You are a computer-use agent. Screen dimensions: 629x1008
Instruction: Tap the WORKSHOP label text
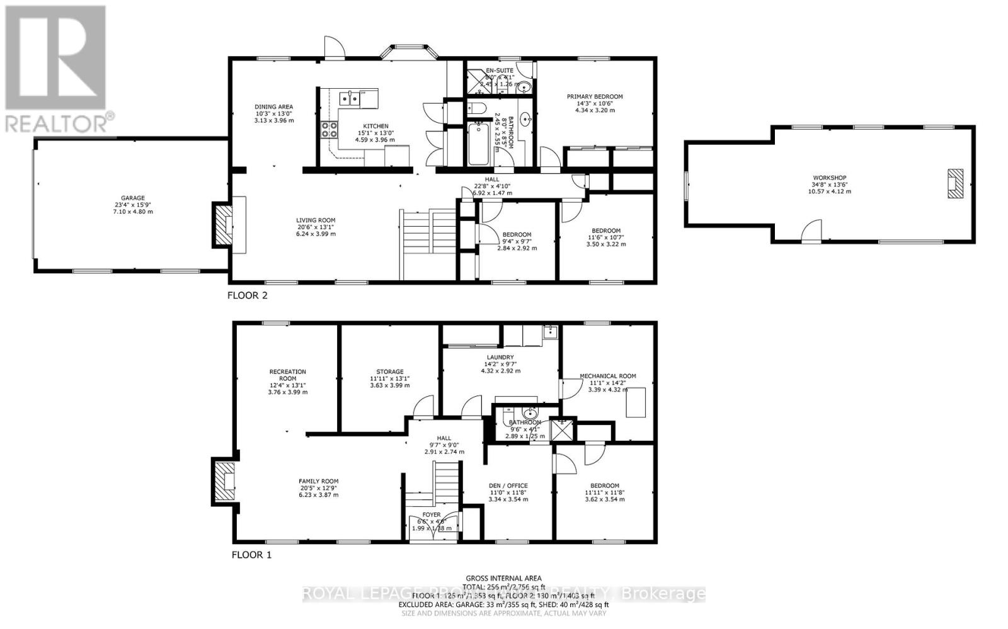829,178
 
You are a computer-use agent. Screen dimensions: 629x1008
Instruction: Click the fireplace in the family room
224,482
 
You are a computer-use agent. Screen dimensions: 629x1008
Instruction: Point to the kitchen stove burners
329,130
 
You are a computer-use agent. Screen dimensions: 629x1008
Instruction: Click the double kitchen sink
348,98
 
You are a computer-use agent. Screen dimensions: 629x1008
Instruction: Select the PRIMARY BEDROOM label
594,97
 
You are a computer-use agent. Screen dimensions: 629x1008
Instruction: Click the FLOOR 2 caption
247,295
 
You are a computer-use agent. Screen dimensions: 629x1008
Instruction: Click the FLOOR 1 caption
251,555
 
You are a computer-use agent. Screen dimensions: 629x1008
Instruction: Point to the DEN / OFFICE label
508,485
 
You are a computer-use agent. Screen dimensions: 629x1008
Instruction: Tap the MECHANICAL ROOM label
607,376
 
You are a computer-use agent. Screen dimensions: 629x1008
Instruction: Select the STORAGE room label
389,371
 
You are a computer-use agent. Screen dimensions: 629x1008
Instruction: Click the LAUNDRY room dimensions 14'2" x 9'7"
500,364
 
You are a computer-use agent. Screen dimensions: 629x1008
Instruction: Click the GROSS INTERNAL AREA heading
503,578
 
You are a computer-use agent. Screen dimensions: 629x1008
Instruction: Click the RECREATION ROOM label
287,375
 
